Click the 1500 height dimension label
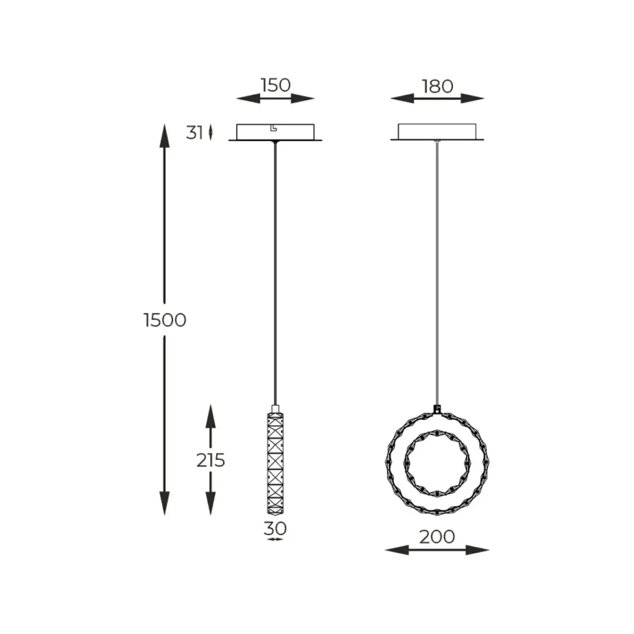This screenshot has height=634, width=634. point(165,320)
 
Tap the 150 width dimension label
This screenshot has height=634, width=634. point(275,85)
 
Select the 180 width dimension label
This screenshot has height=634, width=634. point(437,86)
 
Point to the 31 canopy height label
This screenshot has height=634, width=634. point(195,133)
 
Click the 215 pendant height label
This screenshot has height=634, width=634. point(210,460)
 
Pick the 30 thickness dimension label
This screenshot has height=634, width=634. point(275,528)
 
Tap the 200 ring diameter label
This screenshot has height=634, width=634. point(437,536)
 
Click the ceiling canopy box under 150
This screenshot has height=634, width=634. point(275,132)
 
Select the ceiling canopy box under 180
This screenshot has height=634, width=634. point(437,132)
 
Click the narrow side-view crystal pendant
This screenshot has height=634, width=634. point(275,463)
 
